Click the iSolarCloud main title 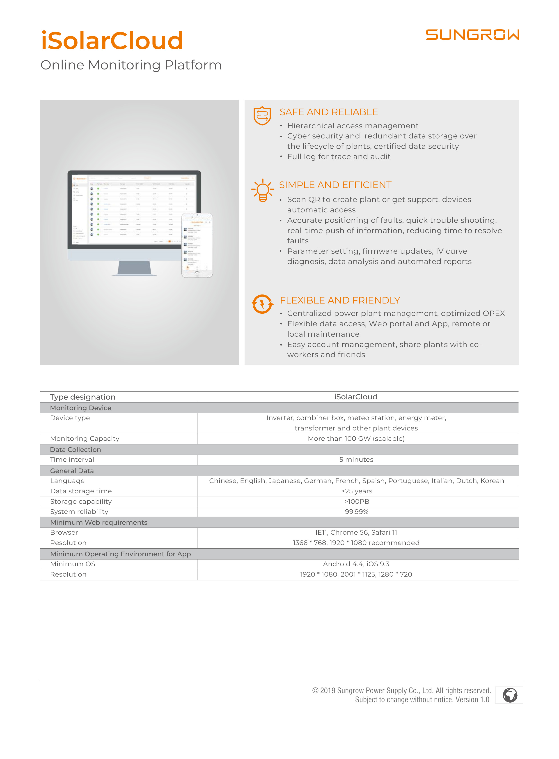[x=112, y=41]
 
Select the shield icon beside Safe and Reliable [x=262, y=116]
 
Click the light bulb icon [x=263, y=191]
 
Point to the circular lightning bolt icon [x=262, y=304]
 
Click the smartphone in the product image [x=197, y=245]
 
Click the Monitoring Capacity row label [x=85, y=439]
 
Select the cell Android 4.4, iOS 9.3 [x=356, y=564]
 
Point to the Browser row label [x=64, y=533]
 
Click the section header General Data [x=72, y=471]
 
